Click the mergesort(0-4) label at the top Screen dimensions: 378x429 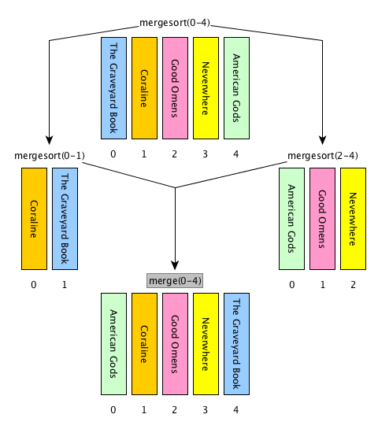coord(175,23)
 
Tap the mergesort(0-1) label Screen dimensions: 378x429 coord(50,156)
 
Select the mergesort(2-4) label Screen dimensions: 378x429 coord(323,156)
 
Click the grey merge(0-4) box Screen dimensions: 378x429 coord(175,281)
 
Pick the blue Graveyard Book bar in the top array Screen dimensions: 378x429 coord(113,88)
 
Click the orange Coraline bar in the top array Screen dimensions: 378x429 coord(144,88)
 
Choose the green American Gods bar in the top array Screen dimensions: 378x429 coord(236,88)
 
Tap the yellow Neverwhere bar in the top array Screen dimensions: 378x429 coord(206,88)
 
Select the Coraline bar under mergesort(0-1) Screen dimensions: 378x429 coord(34,219)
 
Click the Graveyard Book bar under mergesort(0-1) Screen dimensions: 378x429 coord(65,219)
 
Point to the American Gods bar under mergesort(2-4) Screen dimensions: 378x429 coord(291,219)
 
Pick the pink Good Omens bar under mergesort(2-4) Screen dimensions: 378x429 coord(322,219)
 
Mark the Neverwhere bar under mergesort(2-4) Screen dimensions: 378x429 coord(353,219)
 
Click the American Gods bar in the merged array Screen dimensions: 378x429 coord(113,344)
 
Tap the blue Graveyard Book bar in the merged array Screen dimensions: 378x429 coord(236,344)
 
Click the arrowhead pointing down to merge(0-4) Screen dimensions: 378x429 coord(175,265)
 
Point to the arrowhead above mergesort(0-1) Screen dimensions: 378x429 coord(50,140)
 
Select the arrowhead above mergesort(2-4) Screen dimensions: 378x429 coord(322,140)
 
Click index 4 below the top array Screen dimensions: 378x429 coord(236,154)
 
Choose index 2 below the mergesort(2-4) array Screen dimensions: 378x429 coord(353,285)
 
